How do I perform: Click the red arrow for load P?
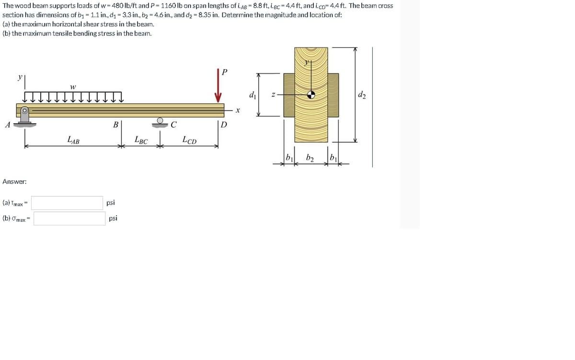coord(218,85)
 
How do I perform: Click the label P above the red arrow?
coord(224,72)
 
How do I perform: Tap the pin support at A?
coord(24,117)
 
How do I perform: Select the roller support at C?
coord(160,123)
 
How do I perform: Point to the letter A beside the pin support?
coord(8,125)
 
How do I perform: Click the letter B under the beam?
coord(116,125)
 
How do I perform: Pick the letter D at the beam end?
coord(224,125)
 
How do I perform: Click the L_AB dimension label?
coord(73,140)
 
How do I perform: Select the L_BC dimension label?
coord(141,140)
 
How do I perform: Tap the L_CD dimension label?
coord(189,140)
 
